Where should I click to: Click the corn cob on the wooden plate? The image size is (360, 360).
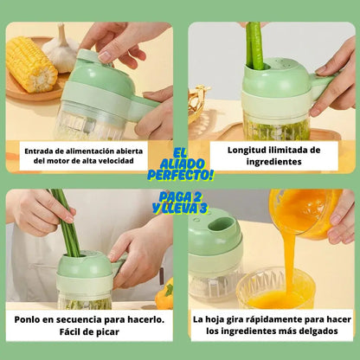click(x=31, y=65)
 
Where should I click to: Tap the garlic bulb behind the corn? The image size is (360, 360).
click(x=61, y=49)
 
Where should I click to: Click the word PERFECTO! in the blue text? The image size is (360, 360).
click(x=180, y=174)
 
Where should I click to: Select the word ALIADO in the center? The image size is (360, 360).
click(x=182, y=164)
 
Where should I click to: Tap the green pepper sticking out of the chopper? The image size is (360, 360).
click(x=254, y=46)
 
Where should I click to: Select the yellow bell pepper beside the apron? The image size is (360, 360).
click(x=164, y=293)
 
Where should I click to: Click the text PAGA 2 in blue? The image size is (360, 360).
click(x=180, y=197)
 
